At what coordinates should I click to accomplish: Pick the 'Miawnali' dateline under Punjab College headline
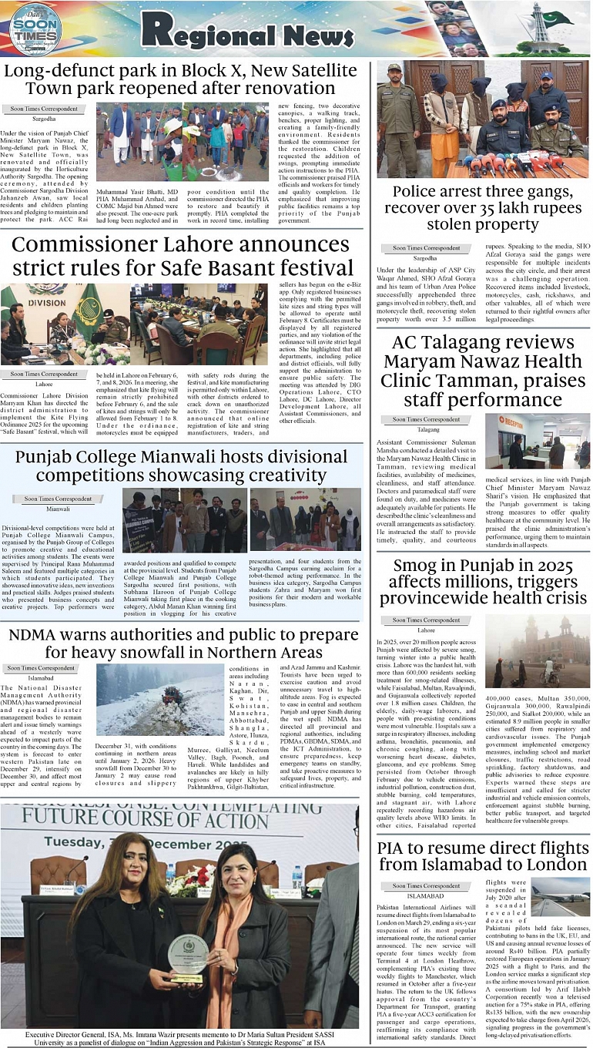point(58,509)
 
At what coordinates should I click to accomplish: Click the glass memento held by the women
point(188,957)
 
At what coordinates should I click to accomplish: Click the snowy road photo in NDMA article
point(159,699)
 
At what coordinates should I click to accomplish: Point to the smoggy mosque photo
point(538,650)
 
